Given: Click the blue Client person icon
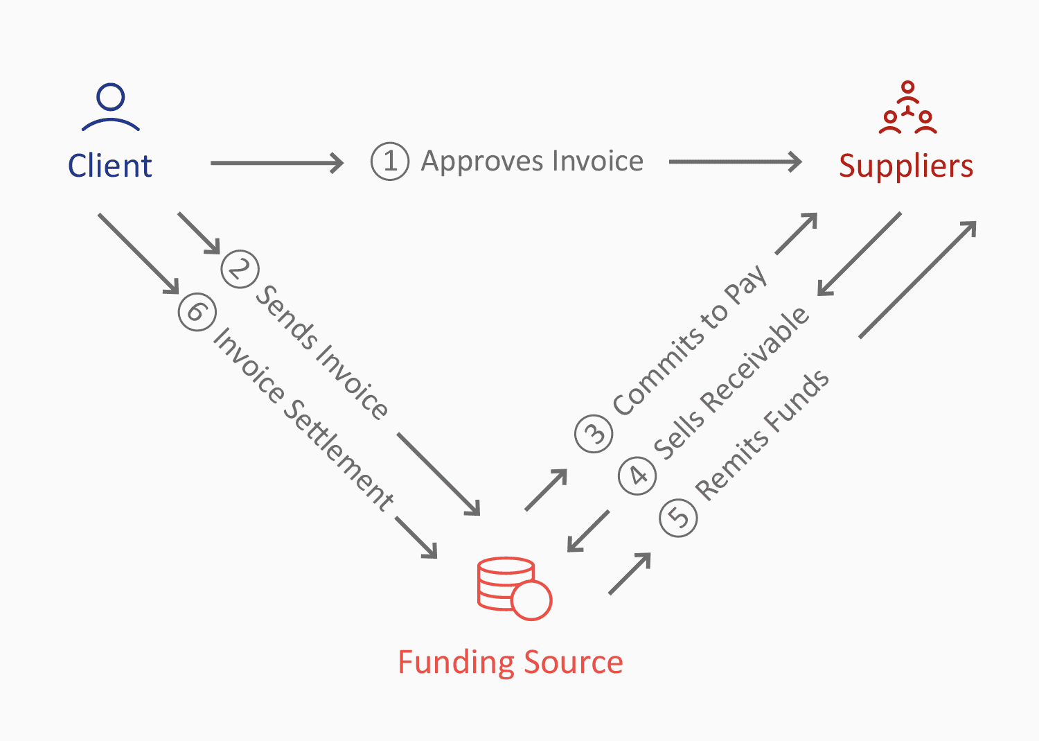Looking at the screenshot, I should point(111,107).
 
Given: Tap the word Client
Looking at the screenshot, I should point(109,166).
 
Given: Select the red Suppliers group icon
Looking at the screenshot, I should point(907,109).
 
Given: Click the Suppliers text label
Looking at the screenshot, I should point(906,166).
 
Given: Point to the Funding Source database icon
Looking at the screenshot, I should point(513,588).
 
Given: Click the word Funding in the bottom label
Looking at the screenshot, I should point(455,663).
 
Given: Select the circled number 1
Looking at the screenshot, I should point(390,162).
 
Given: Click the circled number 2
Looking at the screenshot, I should point(240,269).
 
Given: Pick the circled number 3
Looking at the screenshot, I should point(594,433).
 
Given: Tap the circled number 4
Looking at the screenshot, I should point(637,476).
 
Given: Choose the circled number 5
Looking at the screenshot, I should point(678,517).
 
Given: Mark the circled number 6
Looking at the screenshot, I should point(197,311).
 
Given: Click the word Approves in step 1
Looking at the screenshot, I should point(482,162).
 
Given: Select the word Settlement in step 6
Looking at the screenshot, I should point(339,455).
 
